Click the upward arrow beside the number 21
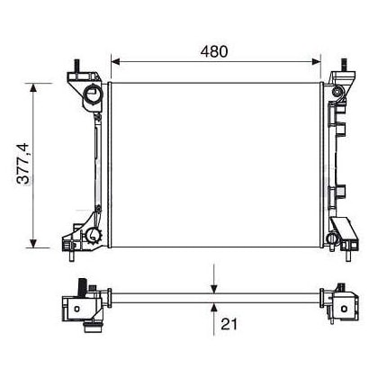214,310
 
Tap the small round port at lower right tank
335,239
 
